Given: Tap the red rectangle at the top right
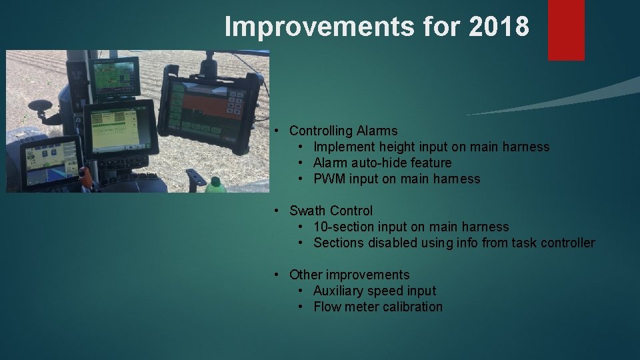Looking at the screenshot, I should [x=566, y=29].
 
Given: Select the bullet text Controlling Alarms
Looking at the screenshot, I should [x=343, y=131].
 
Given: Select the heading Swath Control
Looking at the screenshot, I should [x=331, y=211].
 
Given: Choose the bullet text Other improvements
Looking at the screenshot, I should [x=349, y=275].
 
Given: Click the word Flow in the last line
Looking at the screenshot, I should [x=327, y=307].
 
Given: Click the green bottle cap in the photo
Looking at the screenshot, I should [x=215, y=181].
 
